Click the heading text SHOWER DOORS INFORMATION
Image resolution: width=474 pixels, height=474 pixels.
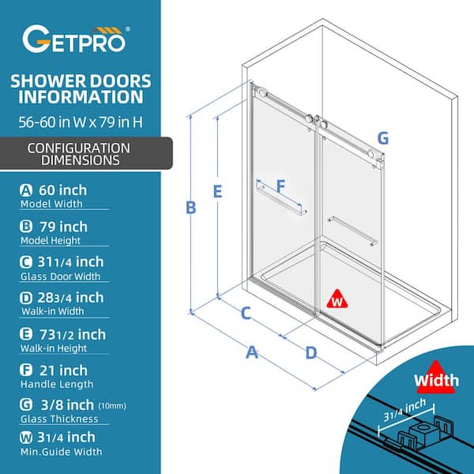click(81, 88)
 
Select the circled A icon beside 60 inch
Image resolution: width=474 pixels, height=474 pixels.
click(26, 190)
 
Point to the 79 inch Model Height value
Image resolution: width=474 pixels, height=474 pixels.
click(63, 227)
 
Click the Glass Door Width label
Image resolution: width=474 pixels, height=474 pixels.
click(60, 276)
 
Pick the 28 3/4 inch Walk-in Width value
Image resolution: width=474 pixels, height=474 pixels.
click(70, 298)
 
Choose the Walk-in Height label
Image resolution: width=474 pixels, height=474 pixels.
click(54, 348)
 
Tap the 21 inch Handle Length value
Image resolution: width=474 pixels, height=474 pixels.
click(63, 371)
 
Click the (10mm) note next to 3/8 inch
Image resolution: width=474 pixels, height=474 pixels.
click(112, 406)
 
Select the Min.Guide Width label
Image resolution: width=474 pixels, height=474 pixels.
click(62, 452)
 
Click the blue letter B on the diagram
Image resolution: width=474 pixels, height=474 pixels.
click(190, 208)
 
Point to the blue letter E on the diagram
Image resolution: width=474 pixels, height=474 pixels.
click(218, 191)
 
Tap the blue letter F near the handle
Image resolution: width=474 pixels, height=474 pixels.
click(280, 186)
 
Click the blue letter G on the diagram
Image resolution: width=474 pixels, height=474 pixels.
click(383, 138)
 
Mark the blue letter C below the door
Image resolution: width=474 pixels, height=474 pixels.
click(246, 313)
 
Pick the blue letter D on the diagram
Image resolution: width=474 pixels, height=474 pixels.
click(311, 353)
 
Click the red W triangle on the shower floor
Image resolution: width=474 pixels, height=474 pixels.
click(337, 299)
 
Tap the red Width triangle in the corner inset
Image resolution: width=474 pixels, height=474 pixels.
click(435, 378)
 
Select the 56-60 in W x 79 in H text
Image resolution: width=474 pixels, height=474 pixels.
click(81, 122)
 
